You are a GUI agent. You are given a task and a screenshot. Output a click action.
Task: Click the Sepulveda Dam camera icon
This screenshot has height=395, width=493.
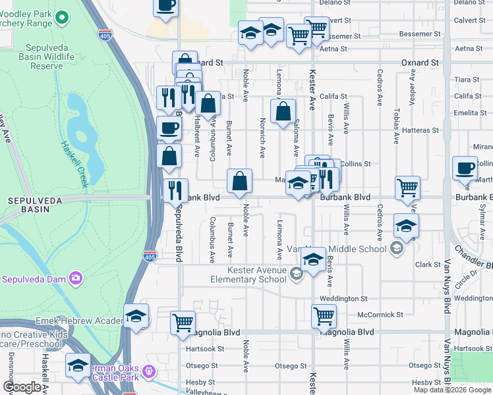tap(76, 278)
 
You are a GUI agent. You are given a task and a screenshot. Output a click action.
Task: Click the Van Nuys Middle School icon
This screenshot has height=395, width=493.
tap(396, 248)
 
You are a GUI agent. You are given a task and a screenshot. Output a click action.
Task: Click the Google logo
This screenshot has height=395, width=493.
tap(22, 387)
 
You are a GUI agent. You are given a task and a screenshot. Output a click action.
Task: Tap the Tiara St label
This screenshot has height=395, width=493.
tap(466, 79)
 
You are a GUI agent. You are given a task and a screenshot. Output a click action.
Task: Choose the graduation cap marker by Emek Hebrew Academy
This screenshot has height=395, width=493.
tap(136, 316)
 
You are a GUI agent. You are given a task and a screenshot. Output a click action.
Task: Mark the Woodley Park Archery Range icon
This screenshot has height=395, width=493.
tap(62, 17)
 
